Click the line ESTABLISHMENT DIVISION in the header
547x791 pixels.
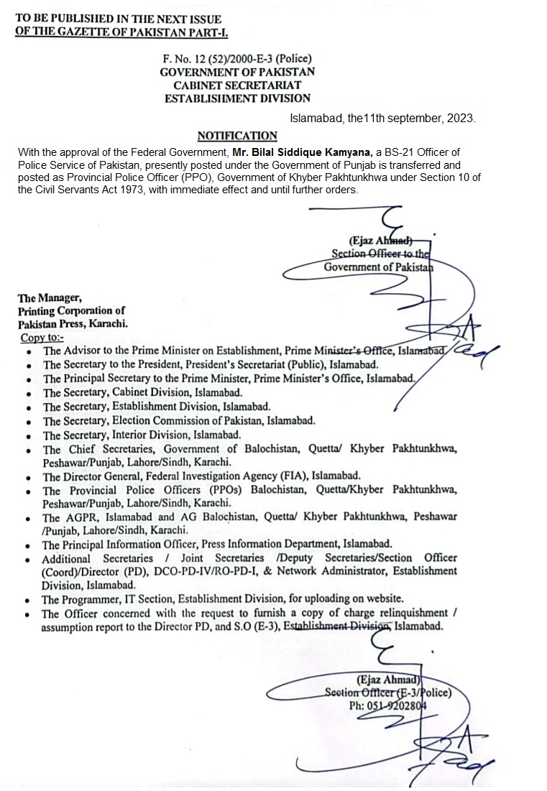236,98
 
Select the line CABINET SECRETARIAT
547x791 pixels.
236,85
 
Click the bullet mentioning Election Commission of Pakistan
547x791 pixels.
179,420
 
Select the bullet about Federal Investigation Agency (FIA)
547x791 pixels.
201,476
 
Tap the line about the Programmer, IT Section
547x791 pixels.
223,598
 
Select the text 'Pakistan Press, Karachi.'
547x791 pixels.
73,324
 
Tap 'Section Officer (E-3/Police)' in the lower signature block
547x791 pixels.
387,693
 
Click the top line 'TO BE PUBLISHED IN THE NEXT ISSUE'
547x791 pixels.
118,19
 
